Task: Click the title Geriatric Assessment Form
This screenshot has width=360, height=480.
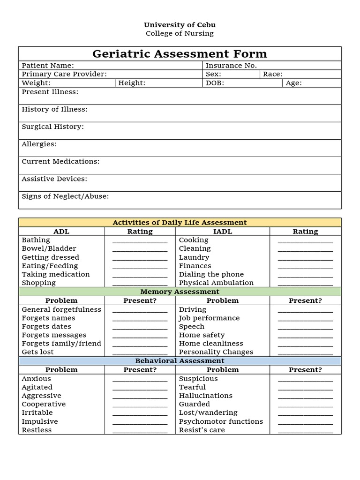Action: pyautogui.click(x=180, y=53)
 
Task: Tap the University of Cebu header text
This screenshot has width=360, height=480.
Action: pyautogui.click(x=180, y=25)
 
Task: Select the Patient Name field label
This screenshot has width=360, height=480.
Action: pyautogui.click(x=48, y=66)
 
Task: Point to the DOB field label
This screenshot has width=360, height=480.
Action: pyautogui.click(x=215, y=83)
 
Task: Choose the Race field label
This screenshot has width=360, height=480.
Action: pyautogui.click(x=272, y=74)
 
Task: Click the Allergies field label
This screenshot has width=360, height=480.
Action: pyautogui.click(x=39, y=144)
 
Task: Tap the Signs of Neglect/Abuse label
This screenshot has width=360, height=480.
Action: pyautogui.click(x=65, y=196)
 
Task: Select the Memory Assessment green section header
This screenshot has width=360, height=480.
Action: pyautogui.click(x=180, y=292)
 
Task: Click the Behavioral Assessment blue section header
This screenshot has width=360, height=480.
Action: pyautogui.click(x=180, y=361)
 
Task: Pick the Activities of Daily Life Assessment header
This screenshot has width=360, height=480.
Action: pyautogui.click(x=180, y=222)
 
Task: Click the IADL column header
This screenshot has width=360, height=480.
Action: pyautogui.click(x=222, y=231)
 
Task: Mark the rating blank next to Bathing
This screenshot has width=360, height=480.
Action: pyautogui.click(x=140, y=241)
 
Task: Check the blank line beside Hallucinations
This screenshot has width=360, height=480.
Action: pyautogui.click(x=305, y=397)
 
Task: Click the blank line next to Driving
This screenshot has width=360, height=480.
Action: pyautogui.click(x=305, y=310)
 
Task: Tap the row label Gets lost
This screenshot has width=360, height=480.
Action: pyautogui.click(x=37, y=352)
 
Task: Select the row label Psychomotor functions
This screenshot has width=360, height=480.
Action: pyautogui.click(x=221, y=421)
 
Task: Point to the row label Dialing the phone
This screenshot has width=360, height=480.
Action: pyautogui.click(x=211, y=274)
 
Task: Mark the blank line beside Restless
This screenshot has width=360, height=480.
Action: pyautogui.click(x=140, y=431)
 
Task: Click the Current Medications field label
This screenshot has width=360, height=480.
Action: pyautogui.click(x=60, y=161)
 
